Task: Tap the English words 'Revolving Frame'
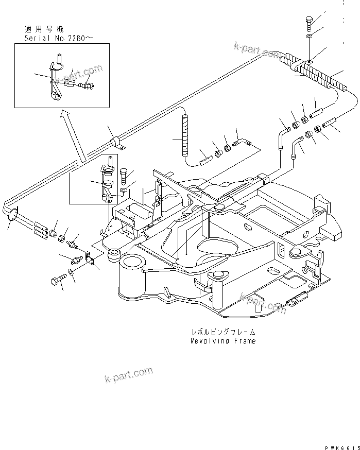222,341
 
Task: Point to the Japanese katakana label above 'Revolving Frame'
222,333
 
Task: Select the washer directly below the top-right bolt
307,37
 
